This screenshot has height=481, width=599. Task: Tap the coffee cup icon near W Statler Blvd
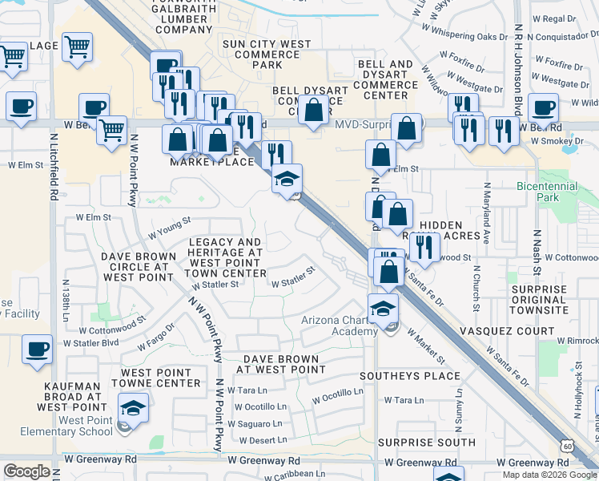(38, 350)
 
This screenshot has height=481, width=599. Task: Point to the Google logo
(27, 471)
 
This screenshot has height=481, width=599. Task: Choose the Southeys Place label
(410, 376)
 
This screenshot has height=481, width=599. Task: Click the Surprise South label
(426, 443)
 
